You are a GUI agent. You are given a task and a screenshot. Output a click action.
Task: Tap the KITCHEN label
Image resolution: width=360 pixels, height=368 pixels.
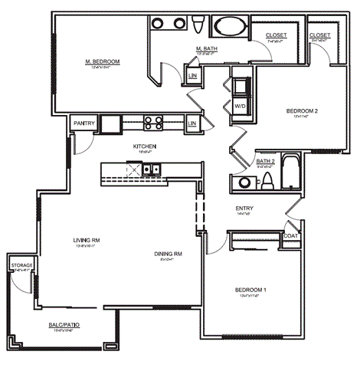click(x=144, y=146)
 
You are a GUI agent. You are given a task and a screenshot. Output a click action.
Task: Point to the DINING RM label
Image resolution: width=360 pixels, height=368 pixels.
click(x=167, y=254)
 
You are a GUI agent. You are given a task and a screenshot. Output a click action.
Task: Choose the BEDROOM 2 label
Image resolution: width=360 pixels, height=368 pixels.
click(x=301, y=110)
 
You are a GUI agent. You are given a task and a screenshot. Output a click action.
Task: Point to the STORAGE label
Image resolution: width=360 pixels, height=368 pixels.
click(x=21, y=265)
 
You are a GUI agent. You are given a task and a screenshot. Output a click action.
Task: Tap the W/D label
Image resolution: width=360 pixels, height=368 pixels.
click(x=239, y=105)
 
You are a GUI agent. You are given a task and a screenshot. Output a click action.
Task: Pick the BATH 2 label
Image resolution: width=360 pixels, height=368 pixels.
click(x=265, y=160)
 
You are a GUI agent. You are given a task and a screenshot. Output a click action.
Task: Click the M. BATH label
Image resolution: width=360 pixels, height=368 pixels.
click(x=208, y=48)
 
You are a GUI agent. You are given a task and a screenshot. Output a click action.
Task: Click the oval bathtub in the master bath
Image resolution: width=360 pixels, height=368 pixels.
click(x=230, y=28)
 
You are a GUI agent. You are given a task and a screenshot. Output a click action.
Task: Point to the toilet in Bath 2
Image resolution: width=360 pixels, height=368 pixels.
click(x=267, y=181)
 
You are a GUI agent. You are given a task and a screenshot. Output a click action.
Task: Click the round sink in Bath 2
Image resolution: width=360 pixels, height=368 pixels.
click(x=244, y=182)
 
